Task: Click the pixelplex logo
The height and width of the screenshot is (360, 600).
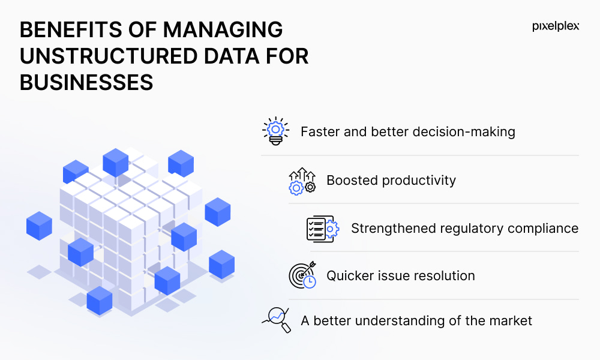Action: click(556, 26)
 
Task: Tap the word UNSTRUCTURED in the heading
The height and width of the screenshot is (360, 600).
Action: click(109, 56)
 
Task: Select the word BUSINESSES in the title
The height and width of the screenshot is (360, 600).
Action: click(86, 83)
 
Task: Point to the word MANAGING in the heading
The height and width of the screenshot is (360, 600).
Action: click(223, 30)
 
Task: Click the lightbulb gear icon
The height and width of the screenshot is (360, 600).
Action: click(275, 131)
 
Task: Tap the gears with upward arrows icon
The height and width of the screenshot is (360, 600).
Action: click(302, 181)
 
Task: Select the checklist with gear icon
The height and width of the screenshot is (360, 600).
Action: click(323, 229)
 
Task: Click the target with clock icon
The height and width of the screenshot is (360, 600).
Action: click(302, 275)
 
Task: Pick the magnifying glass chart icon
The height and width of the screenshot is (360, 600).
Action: click(276, 320)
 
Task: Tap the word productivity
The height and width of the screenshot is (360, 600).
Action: click(419, 181)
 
